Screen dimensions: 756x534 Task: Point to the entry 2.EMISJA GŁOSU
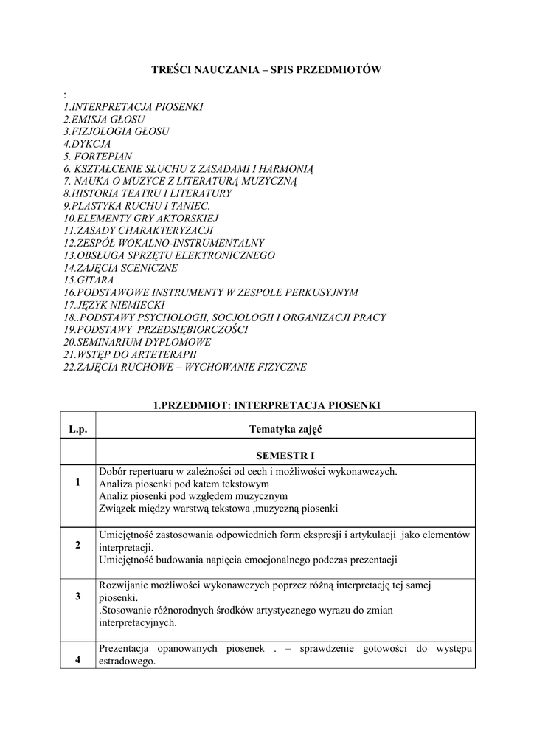104,118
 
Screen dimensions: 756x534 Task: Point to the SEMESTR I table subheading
285,456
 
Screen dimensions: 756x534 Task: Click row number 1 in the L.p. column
78,483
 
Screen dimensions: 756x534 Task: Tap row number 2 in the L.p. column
78,546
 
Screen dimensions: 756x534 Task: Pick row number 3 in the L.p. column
78,597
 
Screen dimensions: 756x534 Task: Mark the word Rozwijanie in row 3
123,585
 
